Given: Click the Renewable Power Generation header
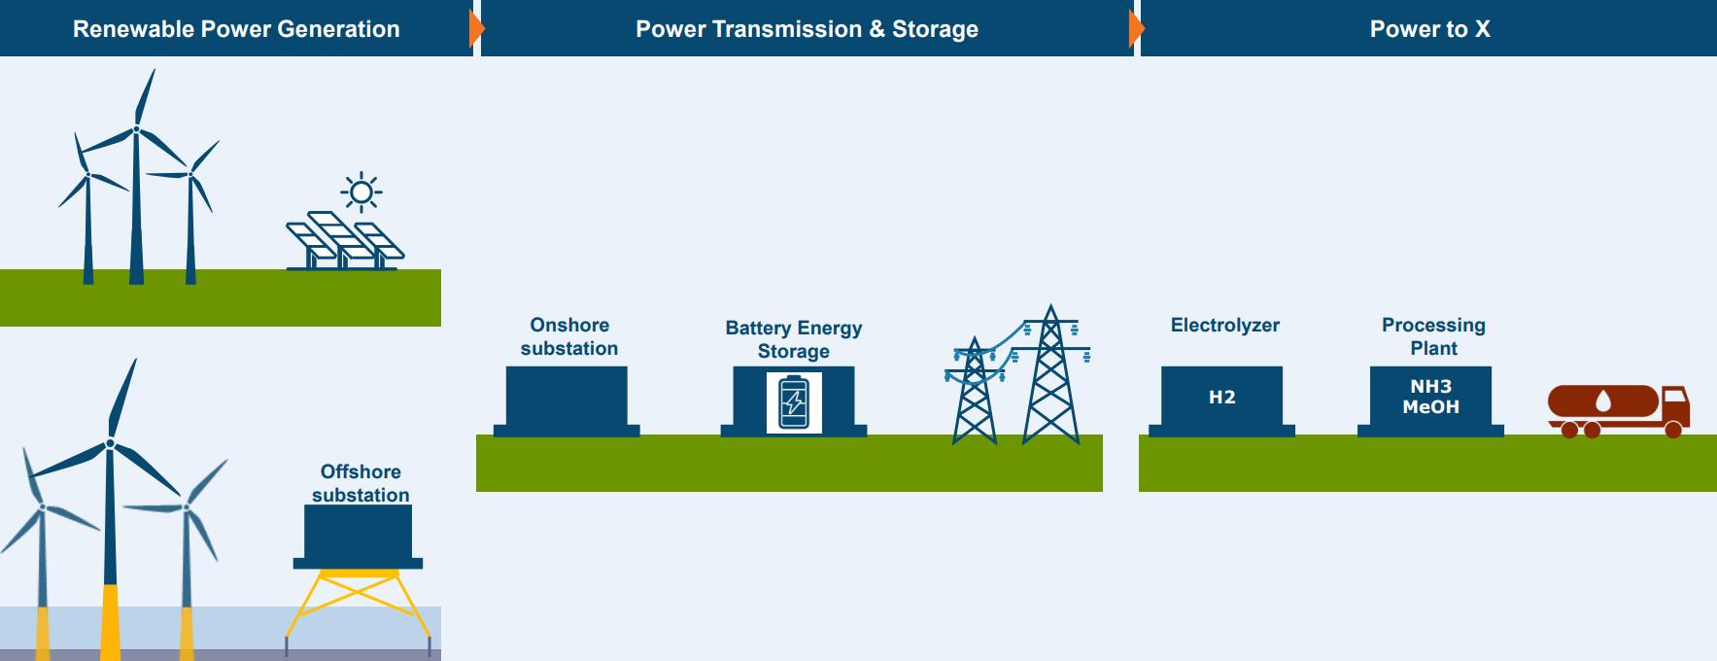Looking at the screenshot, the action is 236,29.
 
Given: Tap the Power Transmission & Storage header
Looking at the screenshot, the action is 807,29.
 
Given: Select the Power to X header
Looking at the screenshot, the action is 1429,29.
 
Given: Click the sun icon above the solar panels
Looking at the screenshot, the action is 361,192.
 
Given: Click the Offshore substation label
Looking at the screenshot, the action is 361,483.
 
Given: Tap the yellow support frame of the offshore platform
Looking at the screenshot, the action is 358,603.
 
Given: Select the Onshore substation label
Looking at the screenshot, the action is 569,336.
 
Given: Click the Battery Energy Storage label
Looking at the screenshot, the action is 794,339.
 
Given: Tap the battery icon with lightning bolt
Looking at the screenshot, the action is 794,401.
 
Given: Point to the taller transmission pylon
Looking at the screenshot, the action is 1050,379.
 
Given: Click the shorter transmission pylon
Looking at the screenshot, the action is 974,394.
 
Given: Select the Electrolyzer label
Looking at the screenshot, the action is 1224,326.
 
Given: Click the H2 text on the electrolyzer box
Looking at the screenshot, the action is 1221,398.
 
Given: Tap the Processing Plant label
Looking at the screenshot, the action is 1433,336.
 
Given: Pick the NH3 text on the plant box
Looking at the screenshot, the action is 1430,387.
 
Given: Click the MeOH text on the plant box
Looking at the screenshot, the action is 1430,407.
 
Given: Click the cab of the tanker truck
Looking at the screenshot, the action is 1675,405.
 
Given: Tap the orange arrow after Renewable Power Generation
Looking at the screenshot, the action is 476,29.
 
